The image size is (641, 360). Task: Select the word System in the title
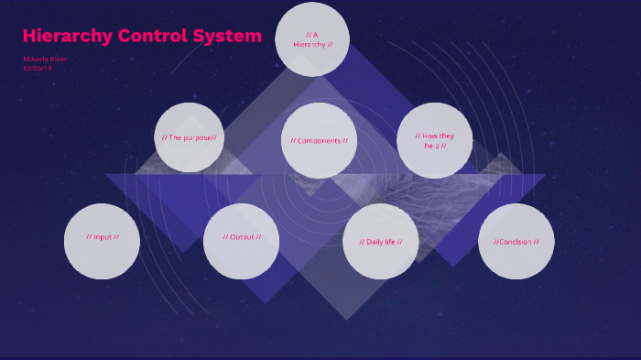[227, 37]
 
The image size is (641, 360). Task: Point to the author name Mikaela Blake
[45, 59]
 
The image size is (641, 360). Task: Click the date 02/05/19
[38, 68]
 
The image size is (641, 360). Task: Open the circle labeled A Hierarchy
[312, 39]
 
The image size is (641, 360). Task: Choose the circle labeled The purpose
[190, 137]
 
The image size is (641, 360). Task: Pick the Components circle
[319, 140]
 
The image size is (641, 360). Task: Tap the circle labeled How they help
[434, 140]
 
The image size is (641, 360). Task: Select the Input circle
[102, 241]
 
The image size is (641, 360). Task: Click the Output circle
[242, 241]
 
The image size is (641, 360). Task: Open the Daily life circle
[381, 242]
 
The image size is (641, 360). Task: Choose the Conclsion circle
[516, 242]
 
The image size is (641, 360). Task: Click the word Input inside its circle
[103, 237]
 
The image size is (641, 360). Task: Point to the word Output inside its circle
[242, 237]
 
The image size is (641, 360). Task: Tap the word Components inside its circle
[319, 141]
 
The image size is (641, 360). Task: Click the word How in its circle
[432, 136]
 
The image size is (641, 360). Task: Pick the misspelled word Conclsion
[516, 242]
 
